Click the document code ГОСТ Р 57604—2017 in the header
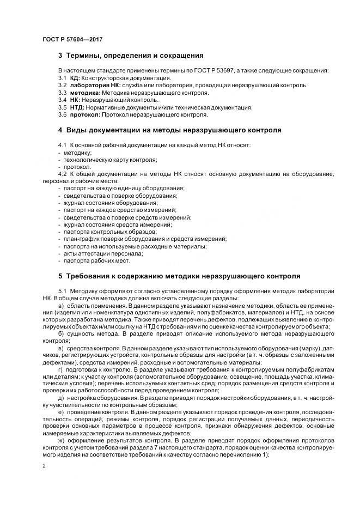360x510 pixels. (x=72, y=40)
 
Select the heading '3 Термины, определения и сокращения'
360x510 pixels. (x=131, y=56)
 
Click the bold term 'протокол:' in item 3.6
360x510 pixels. (x=83, y=114)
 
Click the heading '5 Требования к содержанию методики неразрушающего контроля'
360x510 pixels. (x=179, y=276)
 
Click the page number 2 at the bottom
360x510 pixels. (x=43, y=466)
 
